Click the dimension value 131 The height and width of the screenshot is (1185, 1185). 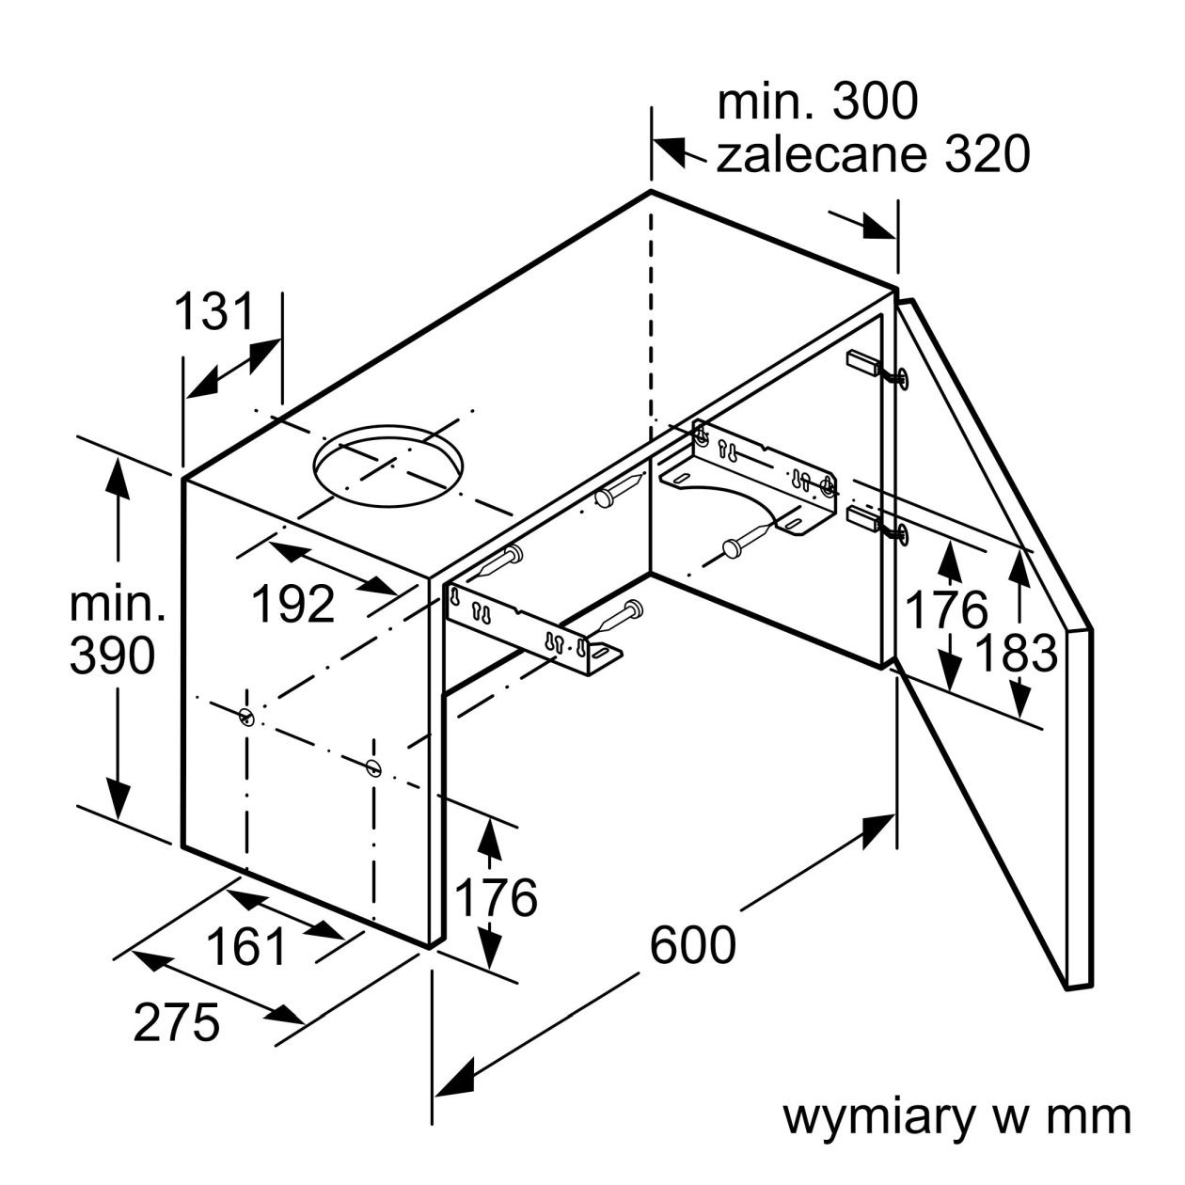214,312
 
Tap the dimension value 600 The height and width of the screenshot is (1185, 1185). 693,944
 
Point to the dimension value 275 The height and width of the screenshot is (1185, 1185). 176,1022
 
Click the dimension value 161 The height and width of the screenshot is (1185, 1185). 246,946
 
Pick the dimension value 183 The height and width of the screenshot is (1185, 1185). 1017,654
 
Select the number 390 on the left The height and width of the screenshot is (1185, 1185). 112,656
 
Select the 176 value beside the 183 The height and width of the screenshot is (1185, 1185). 946,609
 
